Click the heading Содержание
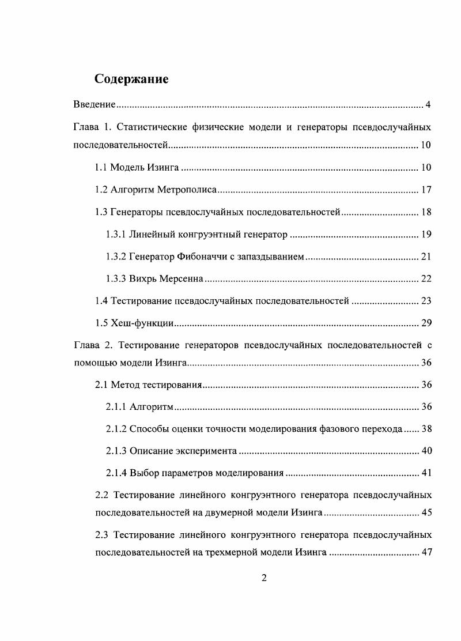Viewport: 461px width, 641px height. [x=131, y=79]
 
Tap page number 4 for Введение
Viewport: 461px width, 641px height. [x=428, y=105]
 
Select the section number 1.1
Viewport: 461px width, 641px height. [x=101, y=168]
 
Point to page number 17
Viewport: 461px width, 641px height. [x=426, y=190]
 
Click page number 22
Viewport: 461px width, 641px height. [x=426, y=279]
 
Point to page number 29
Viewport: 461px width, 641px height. [x=426, y=323]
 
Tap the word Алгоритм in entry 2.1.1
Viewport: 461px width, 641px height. [x=152, y=407]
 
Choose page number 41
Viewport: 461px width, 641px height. [x=426, y=473]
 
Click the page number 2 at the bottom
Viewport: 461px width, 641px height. [x=264, y=579]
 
